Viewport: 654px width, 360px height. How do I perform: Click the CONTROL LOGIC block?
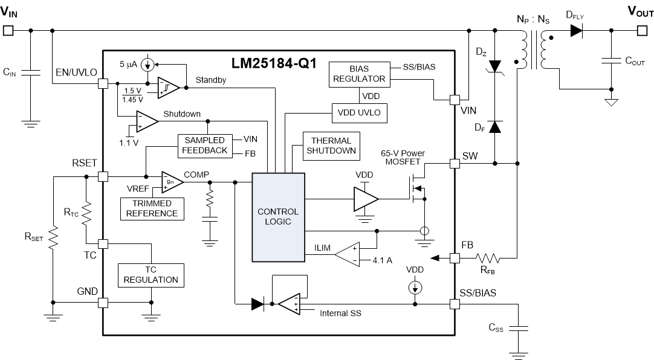coord(278,217)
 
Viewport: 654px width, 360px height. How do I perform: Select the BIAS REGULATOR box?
coord(358,74)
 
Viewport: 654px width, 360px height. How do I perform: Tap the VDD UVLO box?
coord(358,113)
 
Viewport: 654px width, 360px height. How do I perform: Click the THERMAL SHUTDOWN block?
coord(331,146)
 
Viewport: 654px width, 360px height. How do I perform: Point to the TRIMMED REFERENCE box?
coord(152,208)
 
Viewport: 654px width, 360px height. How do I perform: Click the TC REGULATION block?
coord(151,275)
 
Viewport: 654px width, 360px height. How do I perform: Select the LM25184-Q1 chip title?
coord(274,64)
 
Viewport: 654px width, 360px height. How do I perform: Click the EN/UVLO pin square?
coord(102,85)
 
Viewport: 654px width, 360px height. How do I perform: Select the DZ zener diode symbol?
coord(495,66)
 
